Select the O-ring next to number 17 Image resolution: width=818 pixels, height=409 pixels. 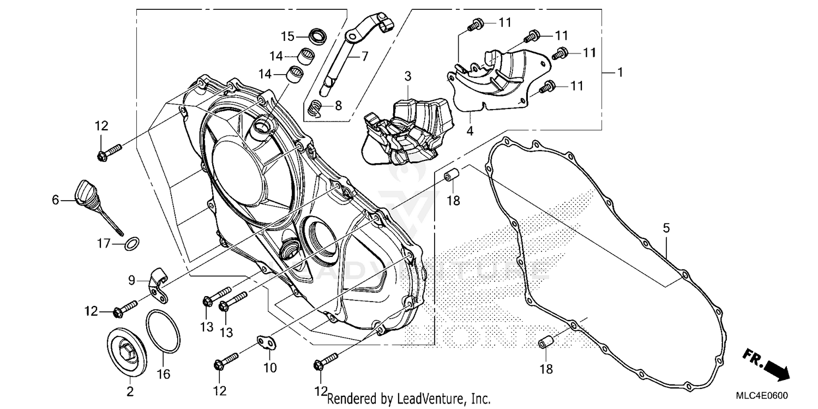click(131, 243)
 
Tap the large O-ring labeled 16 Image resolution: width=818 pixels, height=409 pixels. click(163, 331)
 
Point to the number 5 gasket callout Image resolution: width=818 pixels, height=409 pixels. click(666, 227)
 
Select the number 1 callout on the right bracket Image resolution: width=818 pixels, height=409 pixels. click(619, 72)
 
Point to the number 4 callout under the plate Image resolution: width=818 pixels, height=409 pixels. click(470, 131)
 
